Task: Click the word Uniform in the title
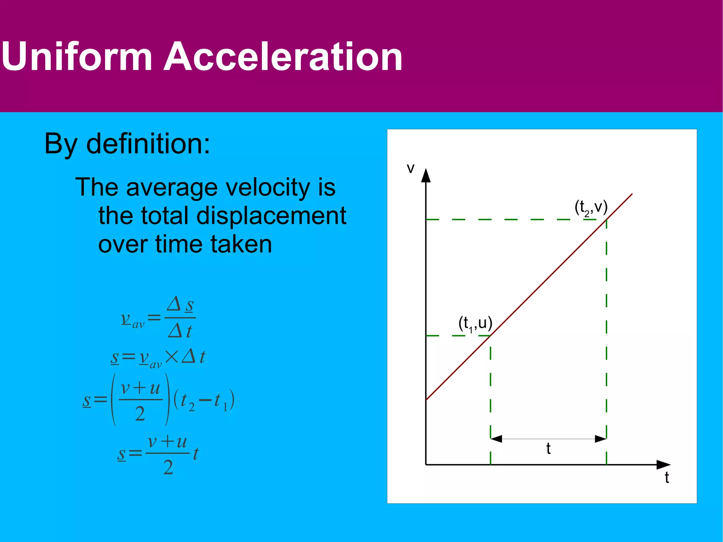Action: tap(77, 56)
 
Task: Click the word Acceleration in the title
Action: tap(283, 56)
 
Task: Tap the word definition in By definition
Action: tap(148, 144)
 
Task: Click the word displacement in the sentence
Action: tap(271, 216)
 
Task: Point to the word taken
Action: tap(241, 244)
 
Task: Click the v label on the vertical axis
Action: tap(410, 168)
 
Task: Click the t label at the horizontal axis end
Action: tap(667, 477)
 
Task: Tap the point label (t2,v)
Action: tap(591, 208)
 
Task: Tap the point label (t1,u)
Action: tap(475, 323)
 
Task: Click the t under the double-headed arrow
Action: tap(548, 449)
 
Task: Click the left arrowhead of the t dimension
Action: tap(496, 439)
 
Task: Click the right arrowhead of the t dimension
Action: tap(601, 439)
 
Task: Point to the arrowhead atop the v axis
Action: tap(426, 175)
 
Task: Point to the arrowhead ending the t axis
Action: tap(663, 465)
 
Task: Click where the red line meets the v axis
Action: tap(426, 400)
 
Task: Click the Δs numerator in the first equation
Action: tap(180, 304)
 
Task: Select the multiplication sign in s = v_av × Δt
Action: tap(172, 357)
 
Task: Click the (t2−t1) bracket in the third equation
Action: tap(204, 400)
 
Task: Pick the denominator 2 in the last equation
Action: tap(168, 467)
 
